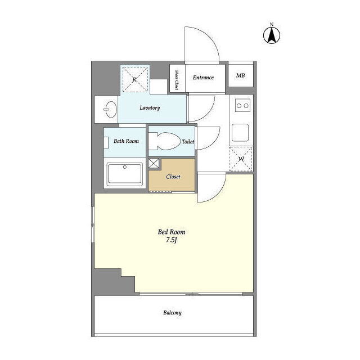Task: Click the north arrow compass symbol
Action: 271,35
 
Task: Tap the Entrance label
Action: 203,78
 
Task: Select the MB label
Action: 240,75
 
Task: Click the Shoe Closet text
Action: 177,80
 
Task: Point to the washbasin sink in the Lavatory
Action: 110,109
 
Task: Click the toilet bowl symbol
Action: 165,141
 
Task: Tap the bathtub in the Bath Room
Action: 125,174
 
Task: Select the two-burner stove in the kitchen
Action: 242,106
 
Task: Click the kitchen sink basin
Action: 240,133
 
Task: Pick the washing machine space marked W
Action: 241,159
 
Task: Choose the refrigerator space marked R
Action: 135,79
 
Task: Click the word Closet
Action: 173,177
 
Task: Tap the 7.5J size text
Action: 172,240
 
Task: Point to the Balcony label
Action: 173,313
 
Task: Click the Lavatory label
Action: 150,107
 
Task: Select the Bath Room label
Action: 126,141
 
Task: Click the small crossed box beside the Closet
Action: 154,163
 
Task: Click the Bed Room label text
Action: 172,232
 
